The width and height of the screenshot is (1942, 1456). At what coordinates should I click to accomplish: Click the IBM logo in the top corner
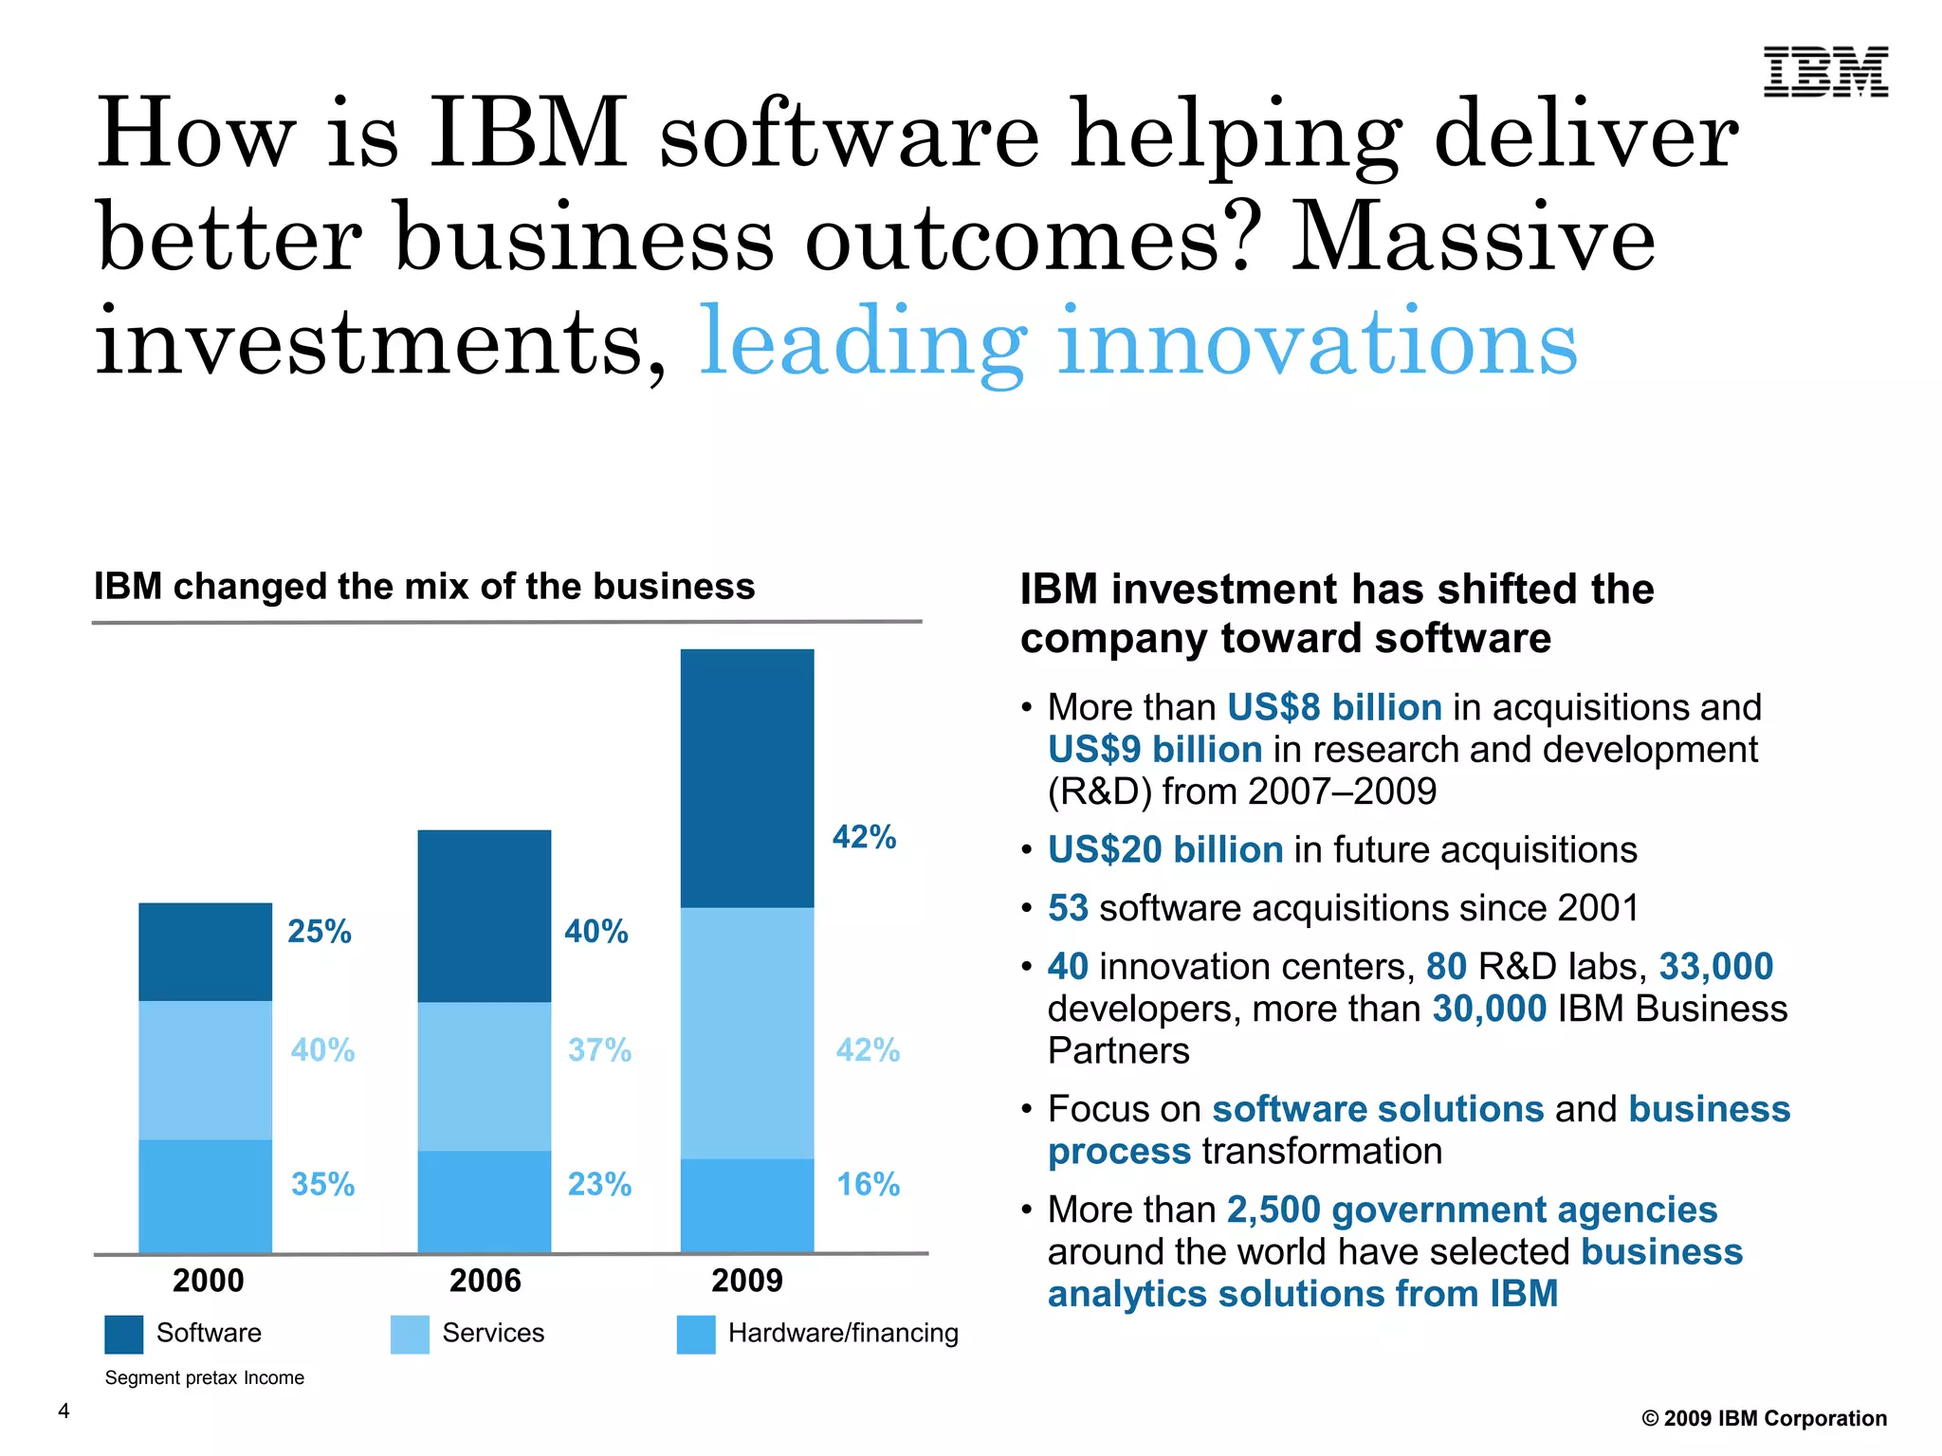(x=1825, y=72)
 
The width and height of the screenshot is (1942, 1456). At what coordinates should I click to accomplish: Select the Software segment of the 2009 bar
(x=747, y=778)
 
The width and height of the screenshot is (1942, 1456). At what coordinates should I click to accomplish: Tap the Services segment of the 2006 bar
(x=485, y=1076)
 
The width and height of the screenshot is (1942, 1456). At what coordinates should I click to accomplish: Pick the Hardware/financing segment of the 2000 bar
(x=206, y=1195)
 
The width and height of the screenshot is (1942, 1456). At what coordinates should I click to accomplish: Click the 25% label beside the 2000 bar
(x=320, y=932)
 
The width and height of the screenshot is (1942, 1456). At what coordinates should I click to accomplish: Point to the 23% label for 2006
(x=599, y=1184)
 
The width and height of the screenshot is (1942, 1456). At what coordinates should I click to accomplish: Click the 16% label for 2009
(x=868, y=1184)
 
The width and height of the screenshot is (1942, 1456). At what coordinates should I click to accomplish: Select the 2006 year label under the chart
(x=485, y=1281)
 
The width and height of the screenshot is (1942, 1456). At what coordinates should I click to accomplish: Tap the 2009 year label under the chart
(x=747, y=1281)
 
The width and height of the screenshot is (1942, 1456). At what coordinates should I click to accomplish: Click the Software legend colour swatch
(x=124, y=1334)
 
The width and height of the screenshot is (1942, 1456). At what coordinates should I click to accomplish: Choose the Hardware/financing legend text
(x=843, y=1333)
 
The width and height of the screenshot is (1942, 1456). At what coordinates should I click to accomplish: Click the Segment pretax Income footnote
(x=204, y=1377)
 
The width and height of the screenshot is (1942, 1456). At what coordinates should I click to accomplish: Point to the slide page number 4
(x=64, y=1410)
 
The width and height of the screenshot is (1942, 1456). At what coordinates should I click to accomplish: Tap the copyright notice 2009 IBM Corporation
(x=1764, y=1418)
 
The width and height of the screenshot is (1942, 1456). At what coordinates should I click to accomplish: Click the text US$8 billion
(x=1334, y=707)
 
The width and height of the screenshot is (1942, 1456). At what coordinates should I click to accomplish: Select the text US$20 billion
(x=1165, y=849)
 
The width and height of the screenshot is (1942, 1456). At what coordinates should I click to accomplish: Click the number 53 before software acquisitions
(x=1068, y=908)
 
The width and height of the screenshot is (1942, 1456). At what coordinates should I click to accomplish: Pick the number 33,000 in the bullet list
(x=1715, y=966)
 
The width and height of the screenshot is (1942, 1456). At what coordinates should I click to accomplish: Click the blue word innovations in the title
(x=1317, y=341)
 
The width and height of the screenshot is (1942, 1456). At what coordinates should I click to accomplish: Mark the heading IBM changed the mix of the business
(x=424, y=587)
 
